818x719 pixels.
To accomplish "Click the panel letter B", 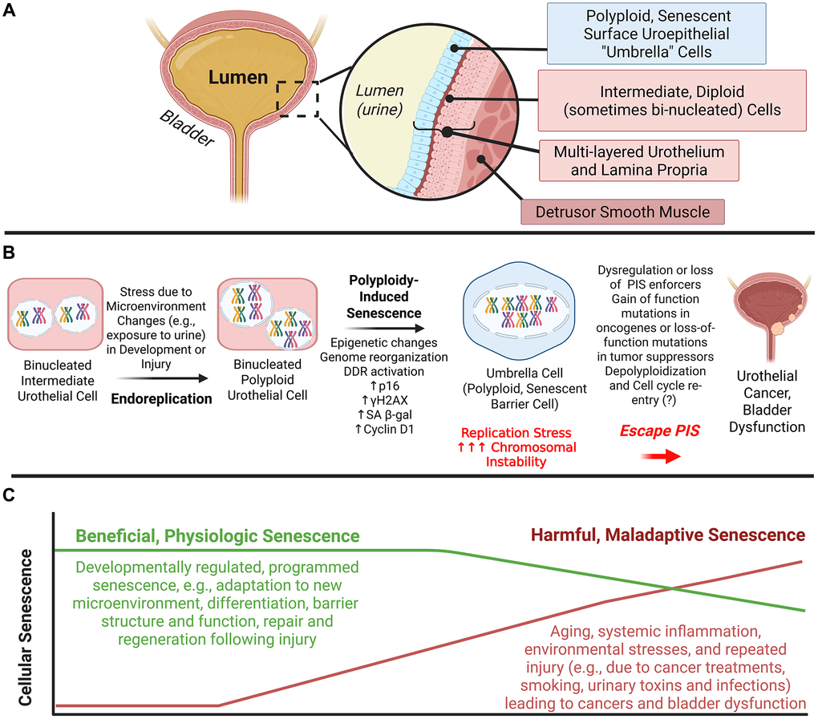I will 12,252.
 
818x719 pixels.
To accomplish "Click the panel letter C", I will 12,496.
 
